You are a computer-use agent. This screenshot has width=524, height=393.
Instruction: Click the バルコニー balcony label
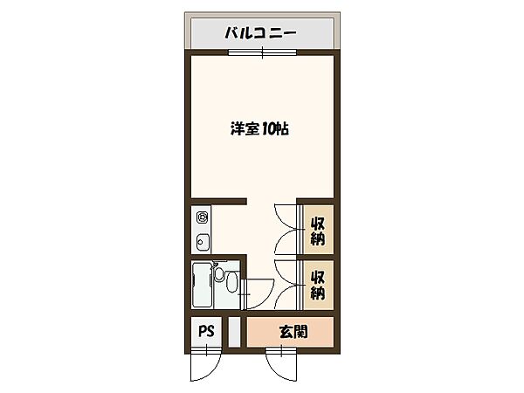pyautogui.click(x=260, y=34)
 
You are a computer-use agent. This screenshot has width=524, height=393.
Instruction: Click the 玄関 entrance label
pyautogui.click(x=293, y=332)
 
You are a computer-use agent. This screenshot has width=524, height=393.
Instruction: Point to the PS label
pyautogui.click(x=205, y=332)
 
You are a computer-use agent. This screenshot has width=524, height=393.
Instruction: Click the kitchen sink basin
pyautogui.click(x=201, y=242)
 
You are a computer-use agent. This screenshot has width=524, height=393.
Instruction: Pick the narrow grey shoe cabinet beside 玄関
pyautogui.click(x=234, y=332)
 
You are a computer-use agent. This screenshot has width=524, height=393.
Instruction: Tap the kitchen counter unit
pyautogui.click(x=202, y=229)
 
